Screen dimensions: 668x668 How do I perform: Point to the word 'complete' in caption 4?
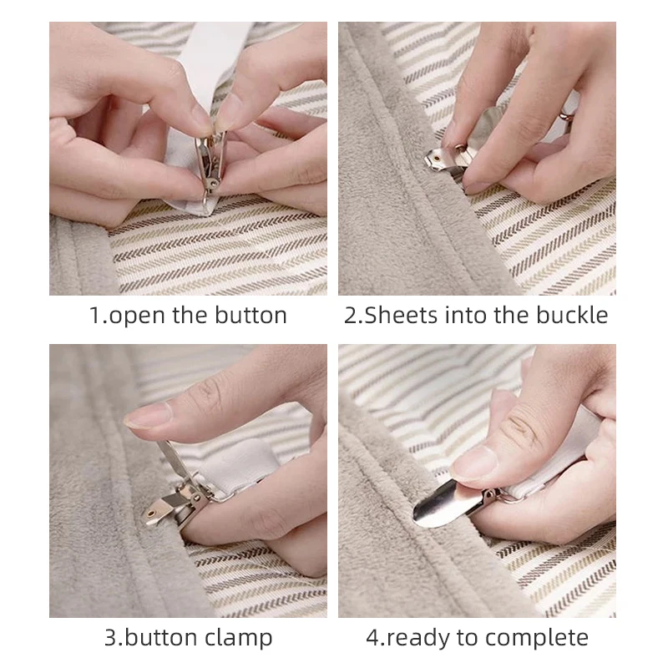[x=538, y=639]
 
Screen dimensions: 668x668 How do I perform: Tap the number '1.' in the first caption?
[x=99, y=316]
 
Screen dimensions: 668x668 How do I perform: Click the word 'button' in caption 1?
[x=248, y=316]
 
